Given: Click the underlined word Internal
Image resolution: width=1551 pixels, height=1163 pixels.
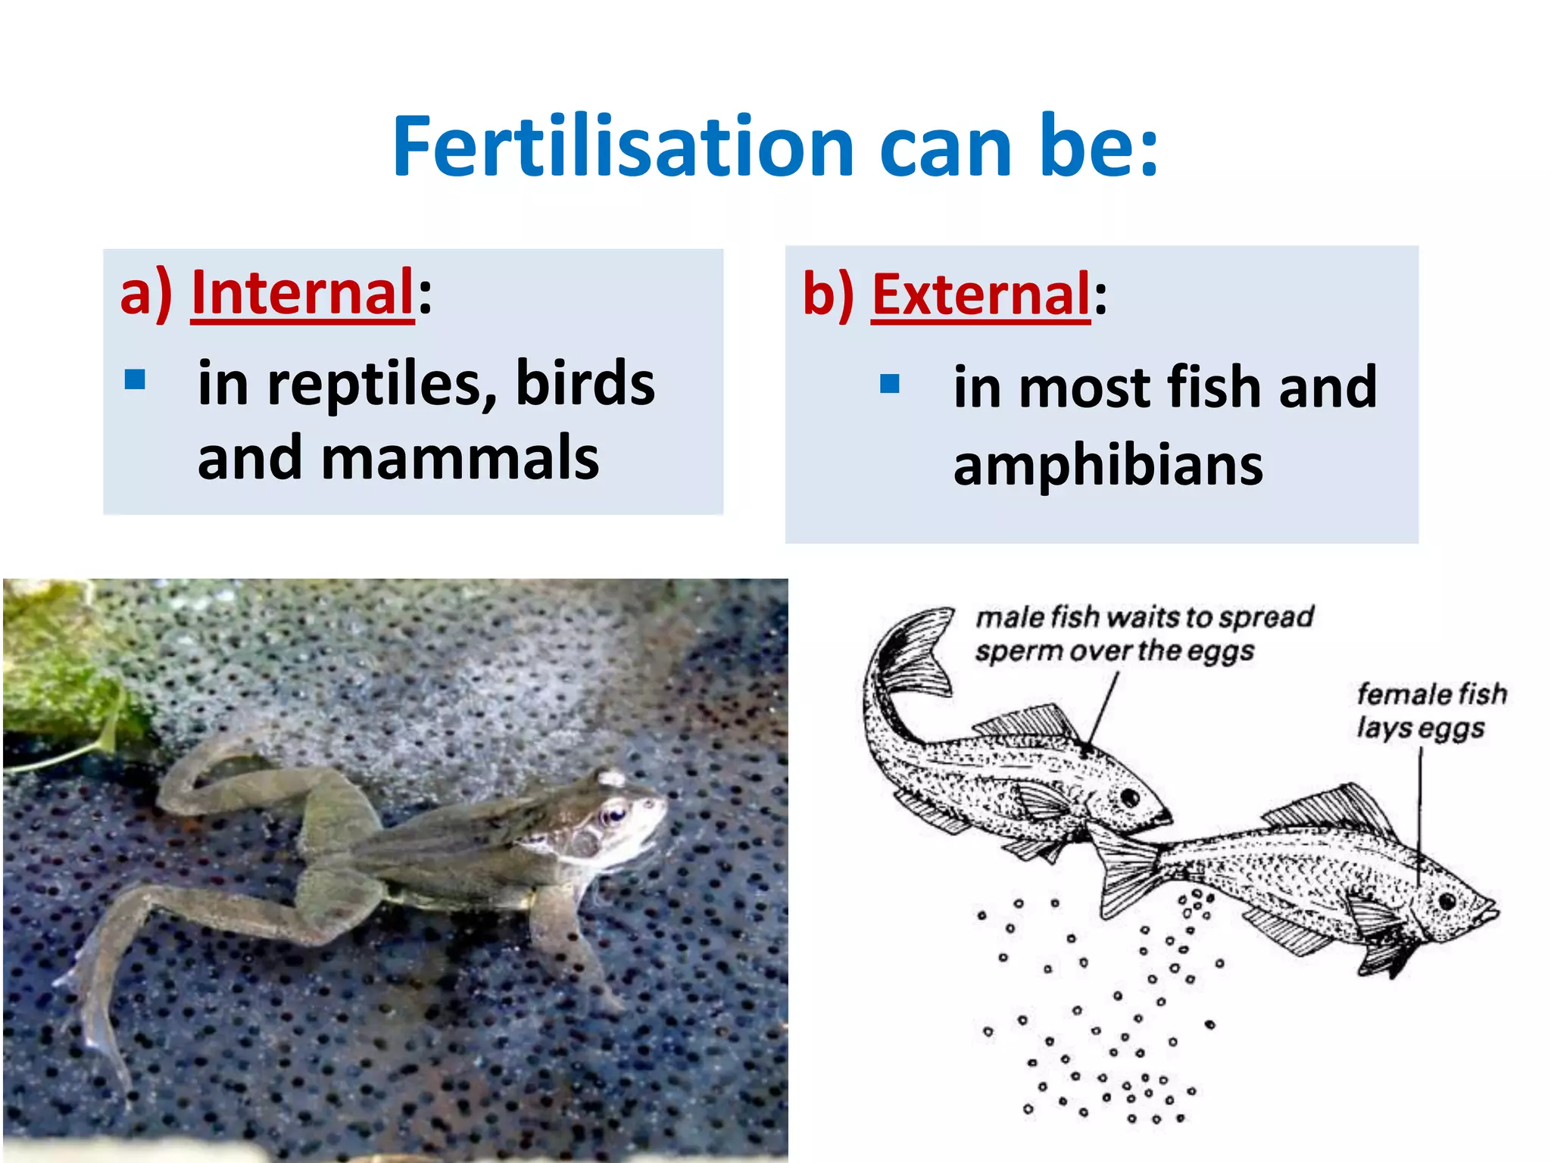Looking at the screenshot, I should point(302,293).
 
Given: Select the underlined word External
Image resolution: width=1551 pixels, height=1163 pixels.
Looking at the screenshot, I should point(981,295).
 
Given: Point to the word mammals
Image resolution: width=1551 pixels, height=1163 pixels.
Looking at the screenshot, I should point(460,460).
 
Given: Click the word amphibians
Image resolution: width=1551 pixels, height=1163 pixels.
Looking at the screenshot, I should point(1108,466).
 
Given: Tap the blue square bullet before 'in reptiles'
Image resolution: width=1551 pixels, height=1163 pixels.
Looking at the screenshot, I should point(135,379).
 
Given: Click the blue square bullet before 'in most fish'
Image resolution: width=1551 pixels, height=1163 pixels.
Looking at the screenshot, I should point(889,384).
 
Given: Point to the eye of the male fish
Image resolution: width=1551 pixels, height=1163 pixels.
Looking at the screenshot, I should point(1130,797).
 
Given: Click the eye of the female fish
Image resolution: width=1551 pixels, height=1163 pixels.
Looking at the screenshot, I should point(1447,902).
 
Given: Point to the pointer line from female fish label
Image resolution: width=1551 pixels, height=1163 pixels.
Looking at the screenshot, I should point(1420,803).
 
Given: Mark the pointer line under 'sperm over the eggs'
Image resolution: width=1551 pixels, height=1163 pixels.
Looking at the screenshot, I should point(1103,708).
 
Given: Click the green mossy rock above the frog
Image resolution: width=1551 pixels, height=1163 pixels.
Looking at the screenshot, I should point(61,666).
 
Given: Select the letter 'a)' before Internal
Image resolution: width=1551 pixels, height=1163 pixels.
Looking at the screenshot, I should point(146,293).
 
